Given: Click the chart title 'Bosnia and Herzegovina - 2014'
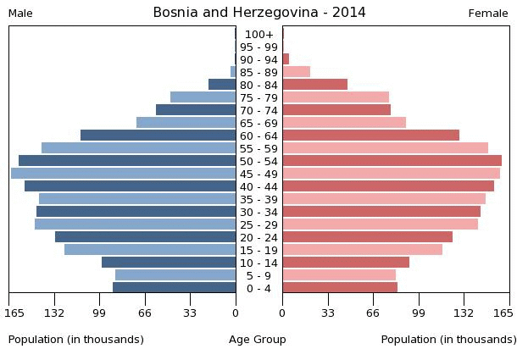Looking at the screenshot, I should point(259,13).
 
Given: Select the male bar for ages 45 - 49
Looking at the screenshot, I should point(124,174).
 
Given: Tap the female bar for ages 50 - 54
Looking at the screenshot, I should point(392,161).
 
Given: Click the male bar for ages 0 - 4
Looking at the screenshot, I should point(175,288).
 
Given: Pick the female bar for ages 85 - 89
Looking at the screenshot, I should point(296,72).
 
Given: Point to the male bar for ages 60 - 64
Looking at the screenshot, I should point(158,136).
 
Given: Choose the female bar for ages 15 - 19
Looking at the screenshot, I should point(362,250).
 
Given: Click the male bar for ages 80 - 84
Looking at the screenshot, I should point(222,85).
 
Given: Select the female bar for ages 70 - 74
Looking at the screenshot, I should point(336,110).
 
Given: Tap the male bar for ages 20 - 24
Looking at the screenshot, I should point(146,237).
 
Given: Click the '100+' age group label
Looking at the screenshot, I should point(258,34).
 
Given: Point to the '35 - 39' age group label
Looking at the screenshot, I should point(258,199).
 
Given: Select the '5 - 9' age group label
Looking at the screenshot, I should point(258,275).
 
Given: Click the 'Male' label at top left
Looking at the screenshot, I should point(20,14).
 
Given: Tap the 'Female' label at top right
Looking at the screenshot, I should point(488,14).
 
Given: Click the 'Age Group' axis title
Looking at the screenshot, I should point(258,340).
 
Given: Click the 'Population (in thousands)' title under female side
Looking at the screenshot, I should point(448,340).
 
